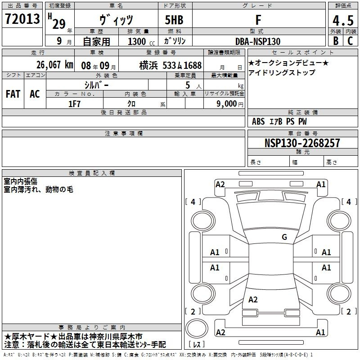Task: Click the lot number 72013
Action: point(22,19)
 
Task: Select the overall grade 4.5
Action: point(343,20)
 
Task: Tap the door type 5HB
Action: point(174,20)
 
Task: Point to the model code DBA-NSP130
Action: point(258,41)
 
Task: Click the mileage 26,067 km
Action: point(55,65)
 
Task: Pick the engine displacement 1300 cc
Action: point(141,41)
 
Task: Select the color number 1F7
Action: point(74,104)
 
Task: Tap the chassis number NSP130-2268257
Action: point(302,143)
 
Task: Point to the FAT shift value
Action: point(13,94)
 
